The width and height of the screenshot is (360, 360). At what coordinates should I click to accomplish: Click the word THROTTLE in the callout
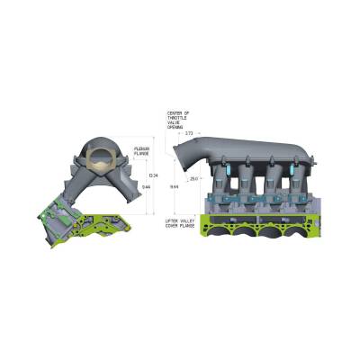coord(176,119)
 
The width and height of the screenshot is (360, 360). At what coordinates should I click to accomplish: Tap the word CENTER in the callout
coord(175,113)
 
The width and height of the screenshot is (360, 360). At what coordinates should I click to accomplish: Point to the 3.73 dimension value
coord(188,132)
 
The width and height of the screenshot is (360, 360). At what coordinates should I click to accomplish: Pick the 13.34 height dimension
coord(152,175)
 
